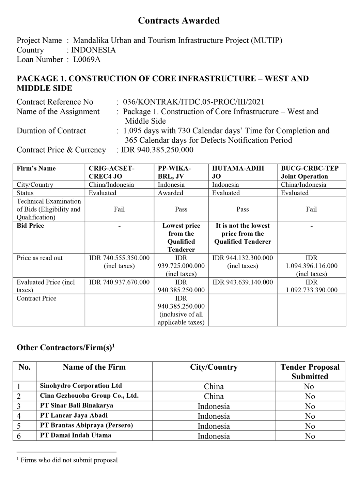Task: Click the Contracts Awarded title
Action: pos(179,21)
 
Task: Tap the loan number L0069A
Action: pos(87,60)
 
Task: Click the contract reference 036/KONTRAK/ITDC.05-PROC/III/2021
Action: pos(193,102)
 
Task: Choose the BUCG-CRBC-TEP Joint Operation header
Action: pos(309,172)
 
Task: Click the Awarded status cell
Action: pos(171,193)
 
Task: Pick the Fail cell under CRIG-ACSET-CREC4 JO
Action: pos(119,209)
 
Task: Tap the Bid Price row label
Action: pos(30,226)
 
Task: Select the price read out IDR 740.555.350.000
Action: pos(119,258)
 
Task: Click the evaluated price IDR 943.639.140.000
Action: pos(242,282)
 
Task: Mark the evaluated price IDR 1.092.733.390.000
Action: pos(311,286)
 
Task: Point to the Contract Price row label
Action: pos(36,298)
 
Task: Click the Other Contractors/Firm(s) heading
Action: pos(65,348)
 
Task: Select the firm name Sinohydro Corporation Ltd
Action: pos(81,386)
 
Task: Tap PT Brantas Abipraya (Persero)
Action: pos(86,425)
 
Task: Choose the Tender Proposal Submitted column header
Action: pos(310,371)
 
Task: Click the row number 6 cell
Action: pos(19,436)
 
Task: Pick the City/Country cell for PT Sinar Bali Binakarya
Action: pos(214,406)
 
